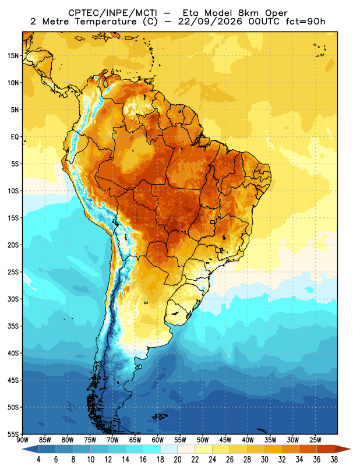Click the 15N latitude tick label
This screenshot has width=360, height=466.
(13, 55)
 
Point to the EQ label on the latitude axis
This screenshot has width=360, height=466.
(15, 137)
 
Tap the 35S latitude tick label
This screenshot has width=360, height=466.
(13, 326)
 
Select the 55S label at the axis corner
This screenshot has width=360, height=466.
(13, 434)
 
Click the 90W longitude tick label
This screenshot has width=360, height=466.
(22, 440)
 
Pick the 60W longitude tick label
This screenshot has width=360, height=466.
(157, 440)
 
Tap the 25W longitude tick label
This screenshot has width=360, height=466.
(315, 440)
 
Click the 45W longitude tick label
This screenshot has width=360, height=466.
(225, 440)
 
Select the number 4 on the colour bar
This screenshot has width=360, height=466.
(38, 460)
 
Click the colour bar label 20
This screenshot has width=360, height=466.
(178, 460)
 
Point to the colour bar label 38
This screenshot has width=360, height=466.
(334, 460)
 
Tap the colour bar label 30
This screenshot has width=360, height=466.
(264, 460)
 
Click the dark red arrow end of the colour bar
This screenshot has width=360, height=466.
(343, 449)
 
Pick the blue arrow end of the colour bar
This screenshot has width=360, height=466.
(30, 449)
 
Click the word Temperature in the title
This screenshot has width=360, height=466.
(105, 22)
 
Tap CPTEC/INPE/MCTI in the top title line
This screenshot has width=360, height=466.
(113, 13)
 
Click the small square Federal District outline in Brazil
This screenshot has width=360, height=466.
(213, 222)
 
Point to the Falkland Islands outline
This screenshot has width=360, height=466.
(160, 416)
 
